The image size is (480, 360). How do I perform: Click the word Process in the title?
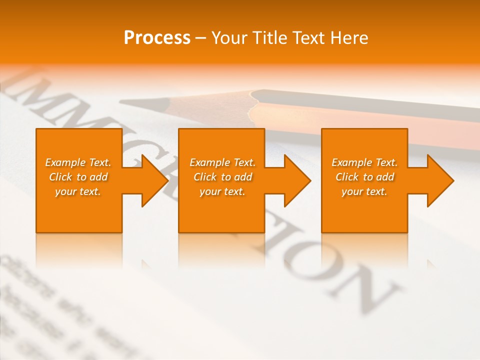coord(157,38)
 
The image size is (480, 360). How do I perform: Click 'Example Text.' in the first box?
coord(78,162)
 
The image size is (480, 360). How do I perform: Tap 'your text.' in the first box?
coord(78,191)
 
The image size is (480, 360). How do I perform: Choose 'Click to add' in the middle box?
coord(222,177)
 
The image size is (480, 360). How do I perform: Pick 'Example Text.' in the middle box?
coord(222,162)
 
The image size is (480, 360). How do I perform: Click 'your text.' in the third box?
coord(364,191)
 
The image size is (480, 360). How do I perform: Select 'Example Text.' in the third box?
coord(364,162)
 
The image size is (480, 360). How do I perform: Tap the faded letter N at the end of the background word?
coord(365,290)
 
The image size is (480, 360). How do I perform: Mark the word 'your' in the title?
coord(229,38)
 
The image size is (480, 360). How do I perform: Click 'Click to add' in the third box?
coord(364,177)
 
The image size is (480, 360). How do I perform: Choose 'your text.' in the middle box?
coord(222,191)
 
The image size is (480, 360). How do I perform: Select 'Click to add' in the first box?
coord(78,177)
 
